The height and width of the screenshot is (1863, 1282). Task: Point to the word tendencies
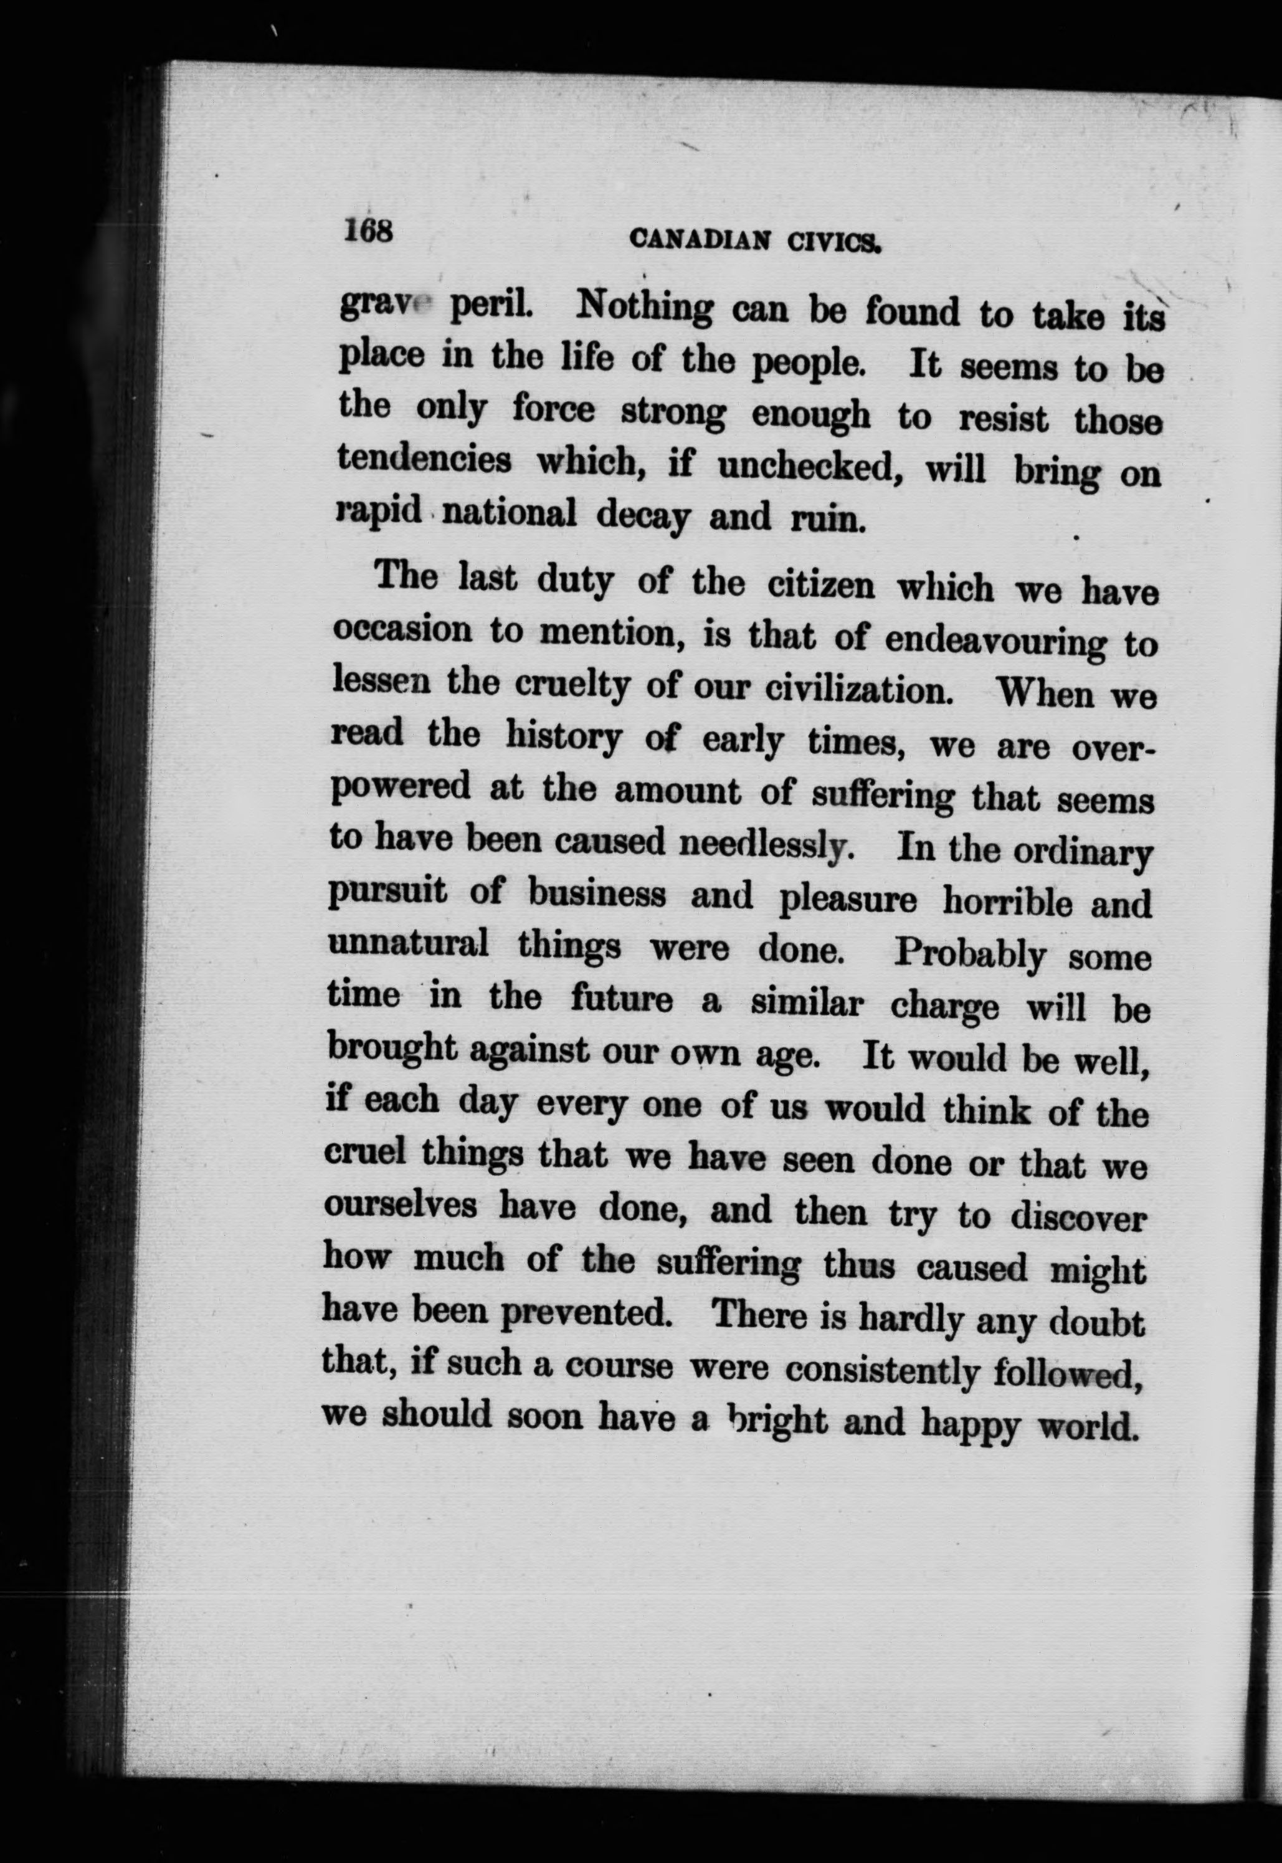point(425,460)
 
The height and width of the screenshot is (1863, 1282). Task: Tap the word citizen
point(822,586)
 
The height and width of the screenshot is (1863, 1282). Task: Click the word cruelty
point(576,687)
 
